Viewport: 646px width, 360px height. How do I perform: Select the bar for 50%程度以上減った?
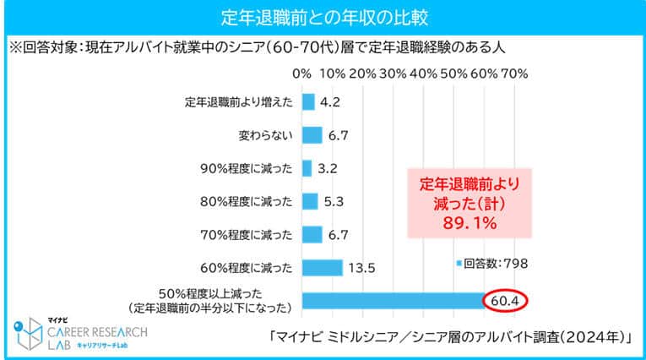(x=389, y=300)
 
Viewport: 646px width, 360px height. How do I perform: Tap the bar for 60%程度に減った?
(x=321, y=268)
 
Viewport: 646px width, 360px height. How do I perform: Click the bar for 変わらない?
(x=311, y=134)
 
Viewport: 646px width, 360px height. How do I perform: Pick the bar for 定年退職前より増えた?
(x=307, y=102)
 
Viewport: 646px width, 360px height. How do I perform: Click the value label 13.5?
(x=361, y=268)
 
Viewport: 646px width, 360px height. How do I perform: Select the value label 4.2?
(x=330, y=102)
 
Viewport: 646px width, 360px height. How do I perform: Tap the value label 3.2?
(x=328, y=167)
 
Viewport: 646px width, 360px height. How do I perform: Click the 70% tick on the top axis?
(x=513, y=74)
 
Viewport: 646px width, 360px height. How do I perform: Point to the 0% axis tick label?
(x=301, y=74)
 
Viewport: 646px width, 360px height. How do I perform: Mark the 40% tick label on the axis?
(x=423, y=74)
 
